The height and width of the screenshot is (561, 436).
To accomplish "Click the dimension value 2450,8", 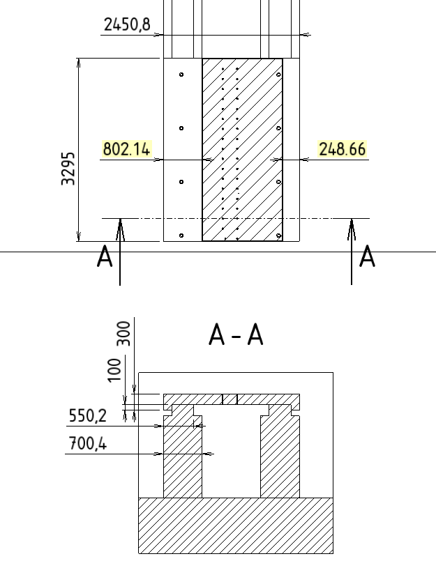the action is [127, 24].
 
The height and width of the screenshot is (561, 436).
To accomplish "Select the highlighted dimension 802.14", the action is [126, 149].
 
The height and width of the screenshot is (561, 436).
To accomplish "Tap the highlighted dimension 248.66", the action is [342, 149].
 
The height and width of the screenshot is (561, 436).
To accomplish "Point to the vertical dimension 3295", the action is [68, 169].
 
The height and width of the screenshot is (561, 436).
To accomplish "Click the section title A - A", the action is [236, 335].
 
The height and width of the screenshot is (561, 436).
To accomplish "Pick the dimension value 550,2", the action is [87, 416].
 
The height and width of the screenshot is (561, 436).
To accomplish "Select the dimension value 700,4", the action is [87, 444].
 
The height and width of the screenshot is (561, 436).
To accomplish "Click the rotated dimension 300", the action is [123, 333].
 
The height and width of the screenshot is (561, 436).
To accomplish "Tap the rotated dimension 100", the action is [114, 370].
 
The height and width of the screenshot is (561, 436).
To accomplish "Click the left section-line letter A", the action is [105, 256].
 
